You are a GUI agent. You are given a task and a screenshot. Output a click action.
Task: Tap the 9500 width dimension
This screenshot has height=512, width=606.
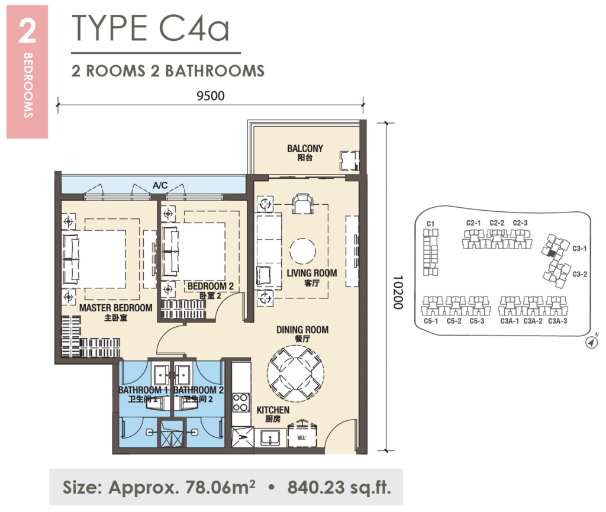[210, 95]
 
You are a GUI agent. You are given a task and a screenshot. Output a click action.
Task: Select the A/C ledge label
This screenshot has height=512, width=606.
[160, 186]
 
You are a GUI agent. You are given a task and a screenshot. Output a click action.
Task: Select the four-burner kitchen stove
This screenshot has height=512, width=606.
[240, 402]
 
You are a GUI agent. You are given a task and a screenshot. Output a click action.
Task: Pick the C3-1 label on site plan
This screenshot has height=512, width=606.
[579, 249]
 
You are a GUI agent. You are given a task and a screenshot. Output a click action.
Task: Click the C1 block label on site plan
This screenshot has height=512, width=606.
[431, 223]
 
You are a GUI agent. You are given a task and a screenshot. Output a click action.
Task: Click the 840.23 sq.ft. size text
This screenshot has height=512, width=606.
[339, 488]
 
